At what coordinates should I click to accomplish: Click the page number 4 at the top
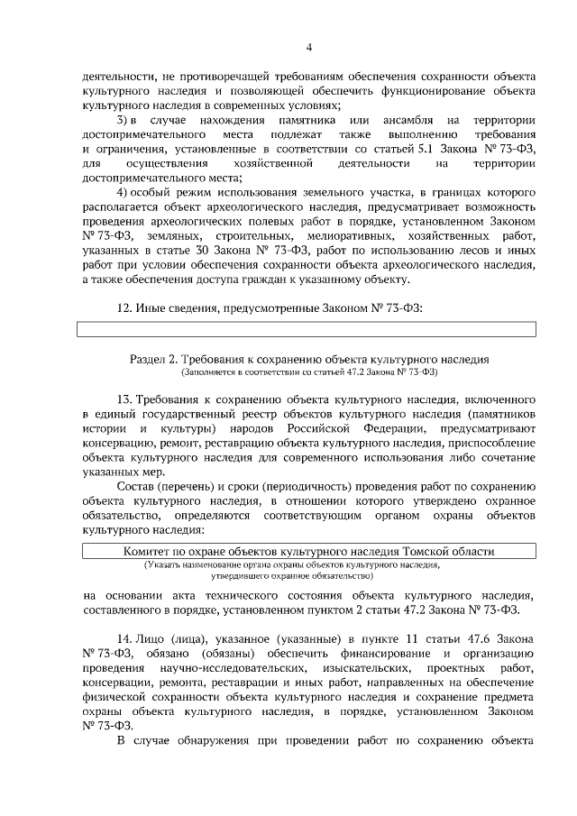point(308,48)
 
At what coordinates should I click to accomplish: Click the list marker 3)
point(126,120)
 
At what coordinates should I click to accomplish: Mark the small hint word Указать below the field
point(164,564)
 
